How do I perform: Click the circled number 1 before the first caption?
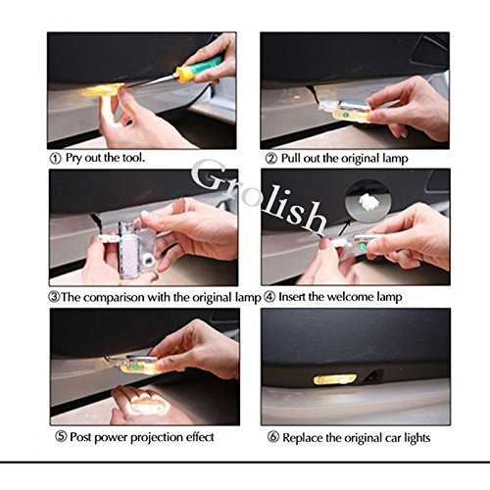55,159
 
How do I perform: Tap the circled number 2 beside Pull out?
271,159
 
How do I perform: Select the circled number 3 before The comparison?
54,297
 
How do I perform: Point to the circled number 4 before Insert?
269,297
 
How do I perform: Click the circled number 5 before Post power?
61,436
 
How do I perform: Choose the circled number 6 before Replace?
273,437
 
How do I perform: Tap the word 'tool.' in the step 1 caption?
133,158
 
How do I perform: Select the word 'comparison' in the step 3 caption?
114,298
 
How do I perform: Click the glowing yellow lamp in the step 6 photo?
334,379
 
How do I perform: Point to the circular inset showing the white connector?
367,200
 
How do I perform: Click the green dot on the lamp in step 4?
362,247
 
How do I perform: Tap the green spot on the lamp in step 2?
344,115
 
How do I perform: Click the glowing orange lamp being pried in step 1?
102,90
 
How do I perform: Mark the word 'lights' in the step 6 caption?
417,438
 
